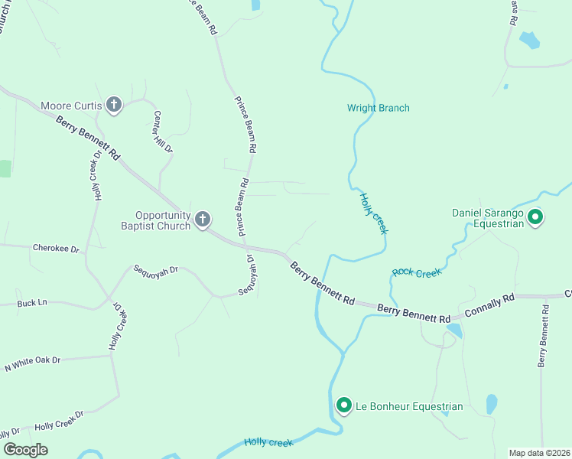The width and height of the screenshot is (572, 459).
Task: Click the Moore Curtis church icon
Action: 114,105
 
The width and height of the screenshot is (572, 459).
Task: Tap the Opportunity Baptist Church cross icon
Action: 203,220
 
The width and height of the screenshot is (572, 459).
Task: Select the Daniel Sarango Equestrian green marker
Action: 536,218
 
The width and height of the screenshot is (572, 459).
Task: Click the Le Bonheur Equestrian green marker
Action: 344,406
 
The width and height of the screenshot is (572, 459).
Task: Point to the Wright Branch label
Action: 379,108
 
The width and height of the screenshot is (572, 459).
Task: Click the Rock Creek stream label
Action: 417,272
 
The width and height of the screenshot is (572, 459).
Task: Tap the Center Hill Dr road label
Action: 163,132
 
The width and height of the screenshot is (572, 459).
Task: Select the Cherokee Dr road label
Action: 56,248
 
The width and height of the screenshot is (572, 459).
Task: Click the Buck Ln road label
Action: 32,303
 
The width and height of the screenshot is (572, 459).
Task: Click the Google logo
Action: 25,449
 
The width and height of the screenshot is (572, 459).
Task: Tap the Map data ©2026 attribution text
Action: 539,453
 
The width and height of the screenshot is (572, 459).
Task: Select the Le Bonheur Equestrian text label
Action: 408,406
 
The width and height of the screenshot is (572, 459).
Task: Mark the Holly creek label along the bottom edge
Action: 268,442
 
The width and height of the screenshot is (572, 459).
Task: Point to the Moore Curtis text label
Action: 71,105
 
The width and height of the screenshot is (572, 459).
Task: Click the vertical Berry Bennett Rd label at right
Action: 544,337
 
